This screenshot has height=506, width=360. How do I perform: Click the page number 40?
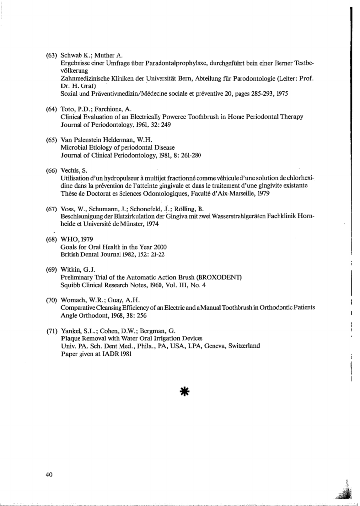[x=49, y=475]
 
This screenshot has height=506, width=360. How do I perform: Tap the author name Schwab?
[x=72, y=55]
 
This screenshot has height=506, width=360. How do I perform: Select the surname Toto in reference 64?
[x=68, y=109]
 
